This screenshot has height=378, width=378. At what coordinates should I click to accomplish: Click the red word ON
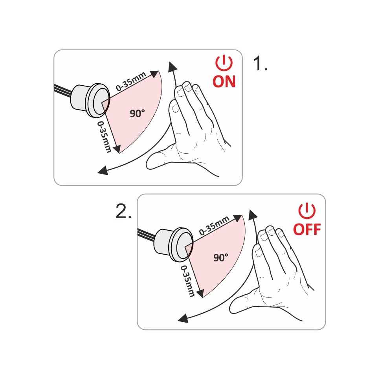click(224, 81)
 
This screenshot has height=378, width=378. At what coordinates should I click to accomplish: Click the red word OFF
click(307, 229)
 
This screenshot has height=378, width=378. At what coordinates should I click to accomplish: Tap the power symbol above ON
click(224, 63)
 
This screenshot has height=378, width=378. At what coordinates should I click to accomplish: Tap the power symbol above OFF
click(307, 211)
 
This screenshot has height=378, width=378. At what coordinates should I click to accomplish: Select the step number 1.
click(261, 63)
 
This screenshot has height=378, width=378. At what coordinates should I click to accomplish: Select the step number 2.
click(123, 211)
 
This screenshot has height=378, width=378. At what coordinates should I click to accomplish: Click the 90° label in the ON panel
click(137, 113)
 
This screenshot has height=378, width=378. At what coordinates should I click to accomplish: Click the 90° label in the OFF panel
click(220, 257)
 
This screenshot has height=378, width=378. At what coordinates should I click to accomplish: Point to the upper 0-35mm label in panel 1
click(131, 81)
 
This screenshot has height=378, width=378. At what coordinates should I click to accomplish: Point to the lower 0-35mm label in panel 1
click(105, 137)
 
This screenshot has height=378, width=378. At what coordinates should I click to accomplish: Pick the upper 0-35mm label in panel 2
click(214, 226)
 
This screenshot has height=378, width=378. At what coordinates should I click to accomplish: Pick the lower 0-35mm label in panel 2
click(188, 281)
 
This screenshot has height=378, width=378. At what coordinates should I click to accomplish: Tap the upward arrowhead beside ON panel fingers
click(172, 67)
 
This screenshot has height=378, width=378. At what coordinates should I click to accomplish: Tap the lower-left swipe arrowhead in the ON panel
click(103, 171)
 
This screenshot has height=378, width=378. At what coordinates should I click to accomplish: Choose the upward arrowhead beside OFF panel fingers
click(253, 215)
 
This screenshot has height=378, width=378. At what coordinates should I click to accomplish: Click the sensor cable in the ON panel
click(63, 90)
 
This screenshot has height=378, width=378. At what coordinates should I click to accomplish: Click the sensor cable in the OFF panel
click(146, 235)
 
